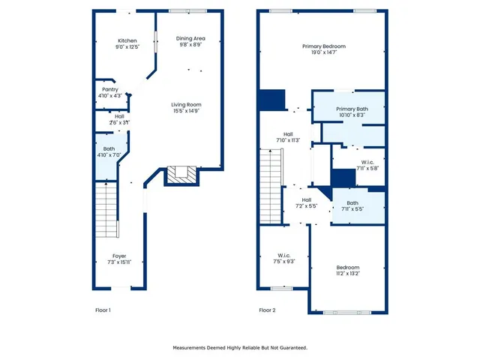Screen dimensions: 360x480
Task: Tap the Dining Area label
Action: coord(190,38)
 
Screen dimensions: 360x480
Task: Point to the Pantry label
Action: coord(110,89)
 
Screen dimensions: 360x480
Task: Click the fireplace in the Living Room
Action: coord(180,175)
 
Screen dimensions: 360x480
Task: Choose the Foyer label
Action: coord(120,256)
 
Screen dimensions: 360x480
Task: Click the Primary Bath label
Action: coord(352,109)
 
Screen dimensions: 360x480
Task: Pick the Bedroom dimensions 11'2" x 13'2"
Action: coord(348,274)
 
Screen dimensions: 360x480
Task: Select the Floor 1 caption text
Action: coord(102,310)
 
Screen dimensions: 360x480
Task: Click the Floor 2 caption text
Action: coord(267,310)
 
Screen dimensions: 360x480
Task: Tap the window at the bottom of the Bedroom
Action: coord(347,313)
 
